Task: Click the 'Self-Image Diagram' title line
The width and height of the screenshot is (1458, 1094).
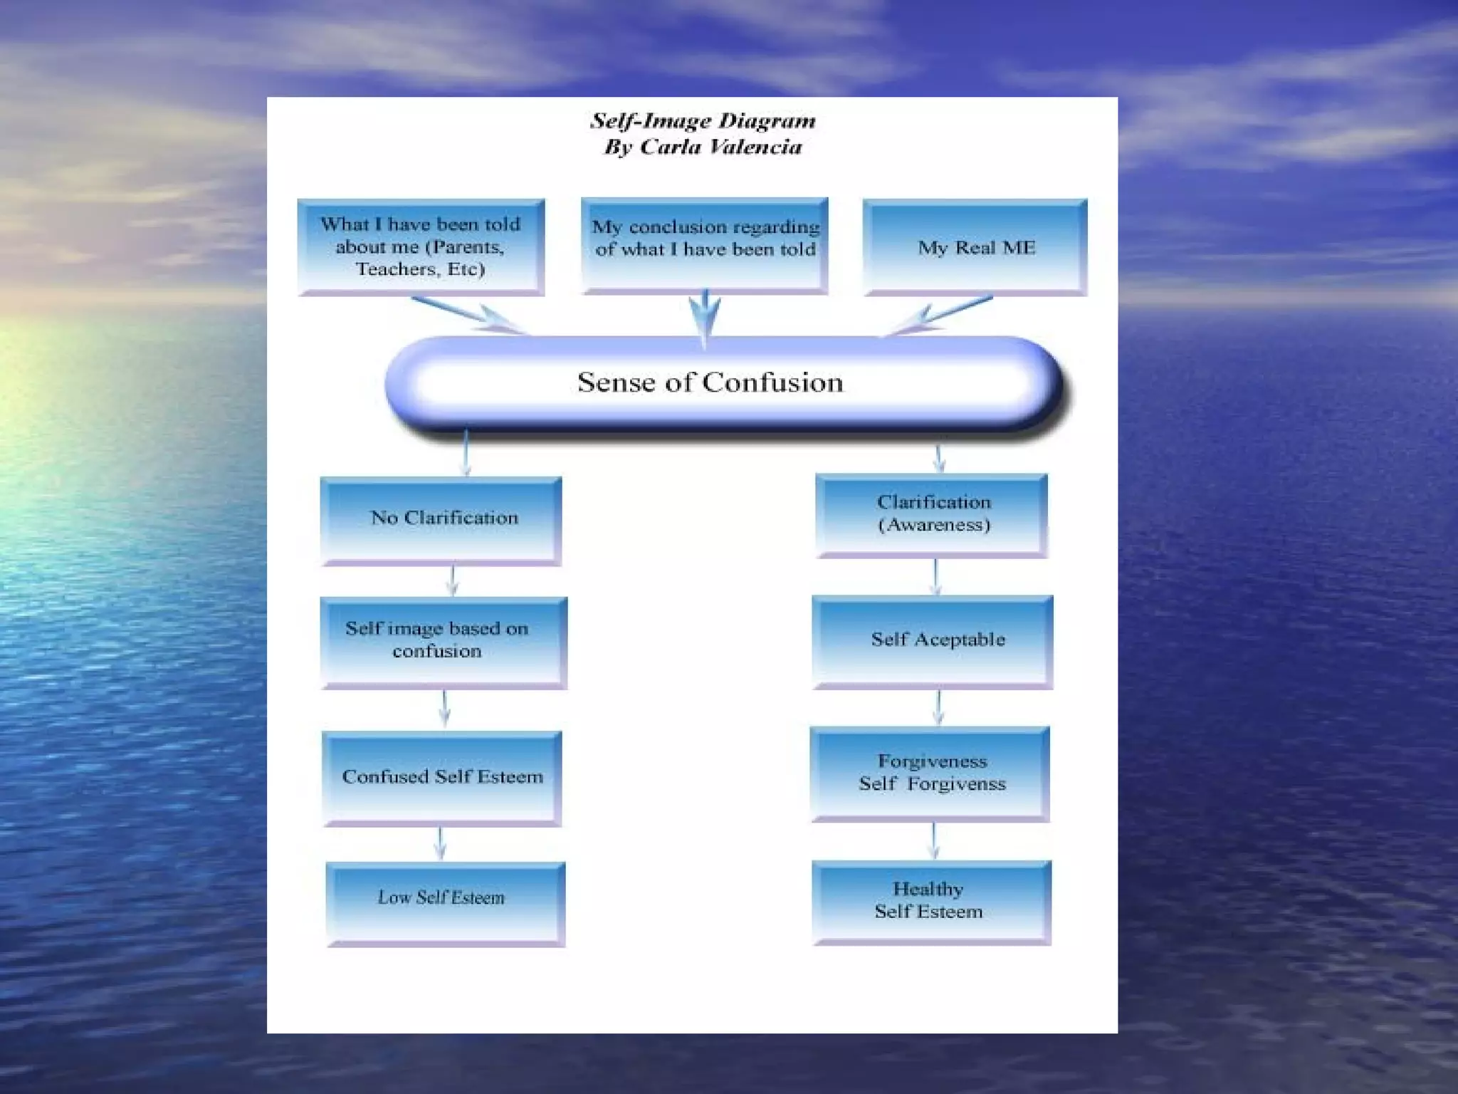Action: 703,120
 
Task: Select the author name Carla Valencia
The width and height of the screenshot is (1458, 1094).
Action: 720,147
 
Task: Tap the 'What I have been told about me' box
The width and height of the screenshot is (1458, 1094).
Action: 421,246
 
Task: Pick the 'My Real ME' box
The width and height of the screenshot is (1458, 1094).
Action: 975,246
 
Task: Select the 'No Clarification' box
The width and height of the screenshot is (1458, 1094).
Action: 441,519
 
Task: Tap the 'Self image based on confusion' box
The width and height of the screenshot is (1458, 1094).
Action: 443,641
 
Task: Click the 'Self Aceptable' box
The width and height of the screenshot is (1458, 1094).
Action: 932,640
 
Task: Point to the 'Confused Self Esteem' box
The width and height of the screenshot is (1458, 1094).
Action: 442,777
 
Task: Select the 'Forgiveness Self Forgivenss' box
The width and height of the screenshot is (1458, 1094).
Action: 930,773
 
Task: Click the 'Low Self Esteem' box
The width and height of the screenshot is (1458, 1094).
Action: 445,902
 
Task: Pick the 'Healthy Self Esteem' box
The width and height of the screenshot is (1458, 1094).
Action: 931,901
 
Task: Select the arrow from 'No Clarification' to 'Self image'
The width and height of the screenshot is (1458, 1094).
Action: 453,580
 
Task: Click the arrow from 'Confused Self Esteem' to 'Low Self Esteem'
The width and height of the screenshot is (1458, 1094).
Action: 440,843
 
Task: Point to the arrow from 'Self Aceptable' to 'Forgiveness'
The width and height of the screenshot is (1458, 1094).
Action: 938,707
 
